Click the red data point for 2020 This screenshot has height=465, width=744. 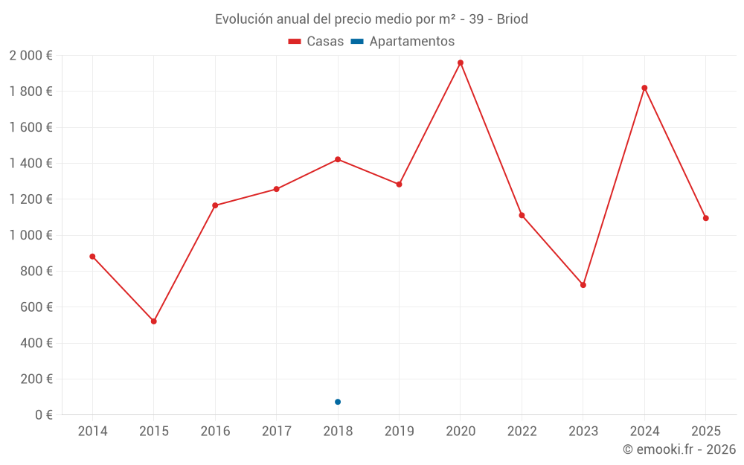click(461, 62)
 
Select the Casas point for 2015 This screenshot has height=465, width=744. click(154, 321)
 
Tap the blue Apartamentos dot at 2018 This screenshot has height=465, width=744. click(338, 402)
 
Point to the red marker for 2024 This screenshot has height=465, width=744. click(644, 88)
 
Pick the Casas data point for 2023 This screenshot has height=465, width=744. click(583, 285)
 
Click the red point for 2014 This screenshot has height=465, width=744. click(92, 257)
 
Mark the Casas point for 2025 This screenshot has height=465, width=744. click(706, 218)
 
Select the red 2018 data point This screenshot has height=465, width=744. click(338, 159)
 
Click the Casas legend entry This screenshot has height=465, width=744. click(316, 42)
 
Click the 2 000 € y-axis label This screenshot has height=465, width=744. click(31, 56)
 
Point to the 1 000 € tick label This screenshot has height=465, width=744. click(31, 235)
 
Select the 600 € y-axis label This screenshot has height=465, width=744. click(35, 307)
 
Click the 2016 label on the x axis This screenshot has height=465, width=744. click(215, 432)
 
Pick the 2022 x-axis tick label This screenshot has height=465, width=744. click(522, 432)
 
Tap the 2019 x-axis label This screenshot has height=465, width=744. click(399, 432)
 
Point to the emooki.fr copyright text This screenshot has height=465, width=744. click(679, 449)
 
